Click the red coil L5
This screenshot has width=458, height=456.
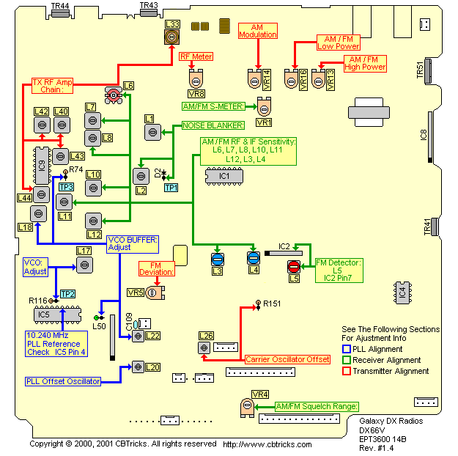293,266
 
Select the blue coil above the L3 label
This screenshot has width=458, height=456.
217,259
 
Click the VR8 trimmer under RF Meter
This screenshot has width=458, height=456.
196,80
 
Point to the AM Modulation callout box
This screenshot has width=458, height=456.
258,31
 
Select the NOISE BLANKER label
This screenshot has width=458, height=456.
203,125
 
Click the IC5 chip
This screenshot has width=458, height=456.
45,315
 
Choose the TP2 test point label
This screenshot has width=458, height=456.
68,293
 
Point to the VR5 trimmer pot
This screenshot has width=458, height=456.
152,293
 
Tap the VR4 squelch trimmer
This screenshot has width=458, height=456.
244,406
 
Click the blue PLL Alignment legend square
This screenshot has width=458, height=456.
347,350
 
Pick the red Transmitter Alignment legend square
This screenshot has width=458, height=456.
347,371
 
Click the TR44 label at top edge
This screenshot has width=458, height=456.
61,6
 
